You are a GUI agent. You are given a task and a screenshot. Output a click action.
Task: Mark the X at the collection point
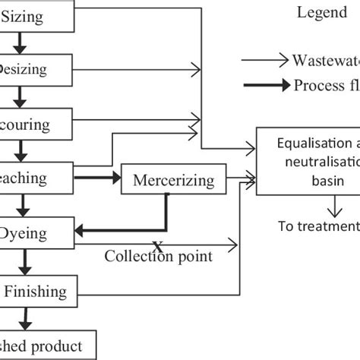tap(158, 245)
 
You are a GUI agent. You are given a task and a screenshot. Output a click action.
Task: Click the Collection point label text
tap(159, 257)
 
